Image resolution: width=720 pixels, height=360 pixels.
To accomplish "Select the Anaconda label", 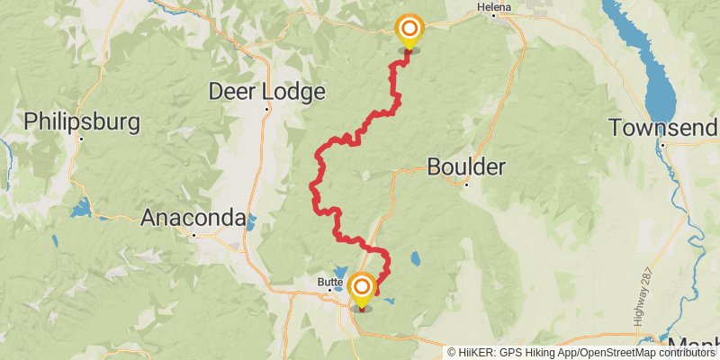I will [x=193, y=217].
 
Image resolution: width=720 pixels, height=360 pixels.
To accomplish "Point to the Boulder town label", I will [x=466, y=166].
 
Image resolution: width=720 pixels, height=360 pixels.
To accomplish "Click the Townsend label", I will [x=663, y=127].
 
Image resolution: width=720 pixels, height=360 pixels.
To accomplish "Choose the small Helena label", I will [x=494, y=7].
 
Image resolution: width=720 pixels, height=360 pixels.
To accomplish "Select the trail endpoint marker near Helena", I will [x=409, y=30].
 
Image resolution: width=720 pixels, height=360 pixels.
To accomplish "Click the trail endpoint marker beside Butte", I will [x=362, y=288].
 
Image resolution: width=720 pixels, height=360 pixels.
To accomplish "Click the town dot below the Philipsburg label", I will [x=82, y=139].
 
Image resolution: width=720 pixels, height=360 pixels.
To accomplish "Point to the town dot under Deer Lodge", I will [x=266, y=110].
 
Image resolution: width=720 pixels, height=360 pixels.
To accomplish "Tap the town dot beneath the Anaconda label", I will [x=193, y=235].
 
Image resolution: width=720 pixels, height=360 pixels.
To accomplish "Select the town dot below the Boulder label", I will [x=466, y=184].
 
